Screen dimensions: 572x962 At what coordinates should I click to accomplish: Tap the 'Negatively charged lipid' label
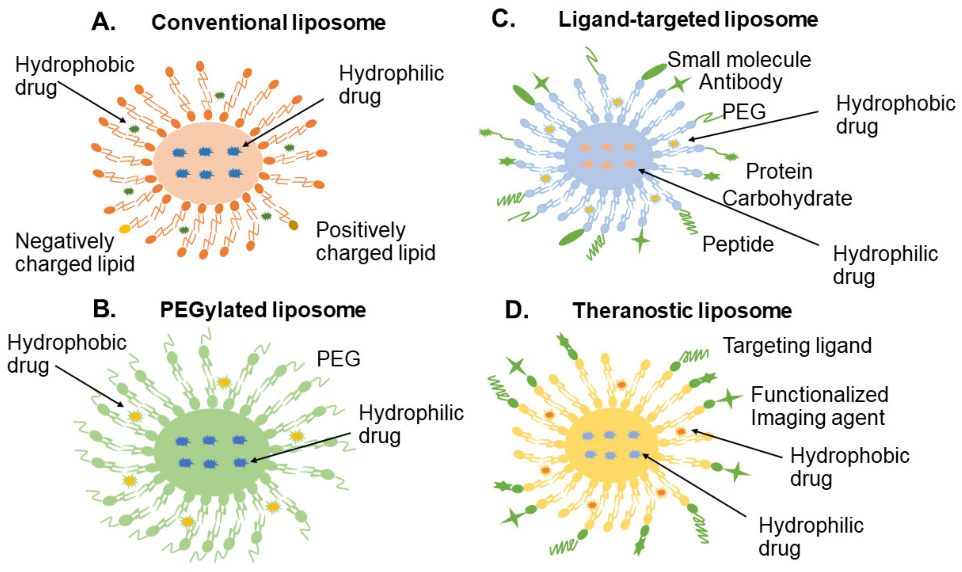click(x=74, y=252)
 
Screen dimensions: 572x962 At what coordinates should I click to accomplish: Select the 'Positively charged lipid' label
click(x=375, y=241)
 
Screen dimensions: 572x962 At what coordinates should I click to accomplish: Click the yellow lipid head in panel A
click(x=125, y=229)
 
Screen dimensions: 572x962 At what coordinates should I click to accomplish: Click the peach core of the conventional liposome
click(x=208, y=185)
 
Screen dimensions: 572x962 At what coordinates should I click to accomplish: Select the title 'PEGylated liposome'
click(x=263, y=310)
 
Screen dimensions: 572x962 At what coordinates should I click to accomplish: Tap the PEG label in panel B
click(x=338, y=359)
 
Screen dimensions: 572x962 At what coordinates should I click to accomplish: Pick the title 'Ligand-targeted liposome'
click(x=688, y=20)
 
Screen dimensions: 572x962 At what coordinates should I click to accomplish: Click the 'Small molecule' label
click(x=739, y=60)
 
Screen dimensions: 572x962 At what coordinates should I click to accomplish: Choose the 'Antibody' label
click(x=740, y=82)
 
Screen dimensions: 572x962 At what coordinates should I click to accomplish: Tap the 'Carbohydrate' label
click(x=787, y=198)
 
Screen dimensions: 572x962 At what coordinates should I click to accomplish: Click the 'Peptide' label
click(x=738, y=244)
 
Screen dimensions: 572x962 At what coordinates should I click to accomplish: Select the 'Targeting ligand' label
click(x=797, y=345)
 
